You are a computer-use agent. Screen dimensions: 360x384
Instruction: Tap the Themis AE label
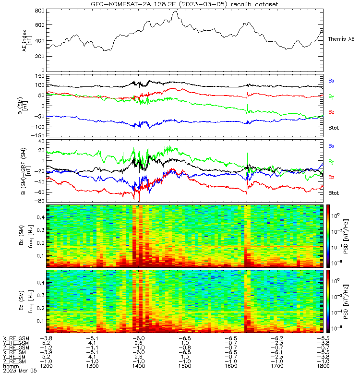pos(341,39)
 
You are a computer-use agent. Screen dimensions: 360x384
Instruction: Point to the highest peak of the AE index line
pos(175,11)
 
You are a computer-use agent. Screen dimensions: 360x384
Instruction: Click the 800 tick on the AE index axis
pos(40,11)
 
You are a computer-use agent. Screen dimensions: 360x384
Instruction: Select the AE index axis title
pos(26,41)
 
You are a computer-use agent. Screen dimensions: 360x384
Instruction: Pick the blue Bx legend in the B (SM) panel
pos(331,81)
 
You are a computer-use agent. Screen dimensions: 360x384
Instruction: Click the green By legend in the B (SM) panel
pos(331,96)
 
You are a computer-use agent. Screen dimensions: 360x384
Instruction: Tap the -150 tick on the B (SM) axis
pos(38,135)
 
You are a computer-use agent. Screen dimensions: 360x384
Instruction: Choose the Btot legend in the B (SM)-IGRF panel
pos(334,193)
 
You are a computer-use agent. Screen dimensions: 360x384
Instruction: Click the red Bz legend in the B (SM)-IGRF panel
pos(331,177)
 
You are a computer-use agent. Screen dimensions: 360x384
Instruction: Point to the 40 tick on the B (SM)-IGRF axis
pos(41,141)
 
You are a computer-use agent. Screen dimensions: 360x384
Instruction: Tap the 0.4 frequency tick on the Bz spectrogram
pos(40,283)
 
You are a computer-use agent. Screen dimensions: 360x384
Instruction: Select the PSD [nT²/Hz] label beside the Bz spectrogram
pos(346,302)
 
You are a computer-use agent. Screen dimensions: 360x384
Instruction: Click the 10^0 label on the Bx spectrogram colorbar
pos(335,216)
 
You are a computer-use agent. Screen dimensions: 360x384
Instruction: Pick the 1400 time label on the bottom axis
pos(139,366)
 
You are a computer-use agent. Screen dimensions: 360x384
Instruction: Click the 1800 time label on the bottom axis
pos(323,366)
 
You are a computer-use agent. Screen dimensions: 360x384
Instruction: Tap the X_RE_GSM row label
pos(16,339)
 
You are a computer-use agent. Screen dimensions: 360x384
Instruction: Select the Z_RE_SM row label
pos(14,361)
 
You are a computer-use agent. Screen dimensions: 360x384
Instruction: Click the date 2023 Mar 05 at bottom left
pos(20,371)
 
